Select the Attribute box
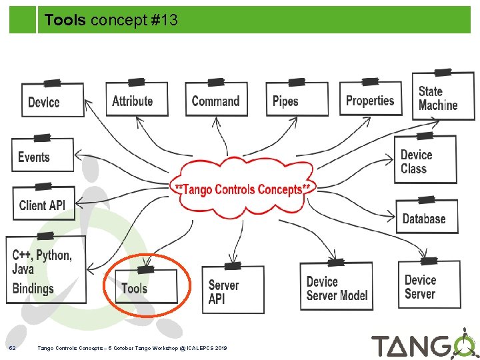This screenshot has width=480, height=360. click(x=136, y=101)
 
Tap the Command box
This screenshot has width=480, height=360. click(x=215, y=100)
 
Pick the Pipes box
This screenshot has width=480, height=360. click(x=296, y=101)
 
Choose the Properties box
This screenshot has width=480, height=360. click(x=371, y=99)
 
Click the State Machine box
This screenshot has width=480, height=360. click(x=442, y=98)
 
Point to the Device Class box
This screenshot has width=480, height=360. click(x=425, y=161)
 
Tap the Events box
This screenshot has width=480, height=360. click(x=42, y=157)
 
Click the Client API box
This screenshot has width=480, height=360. click(x=43, y=203)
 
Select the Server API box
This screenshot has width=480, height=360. click(x=232, y=290)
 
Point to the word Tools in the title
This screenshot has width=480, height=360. click(x=65, y=21)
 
